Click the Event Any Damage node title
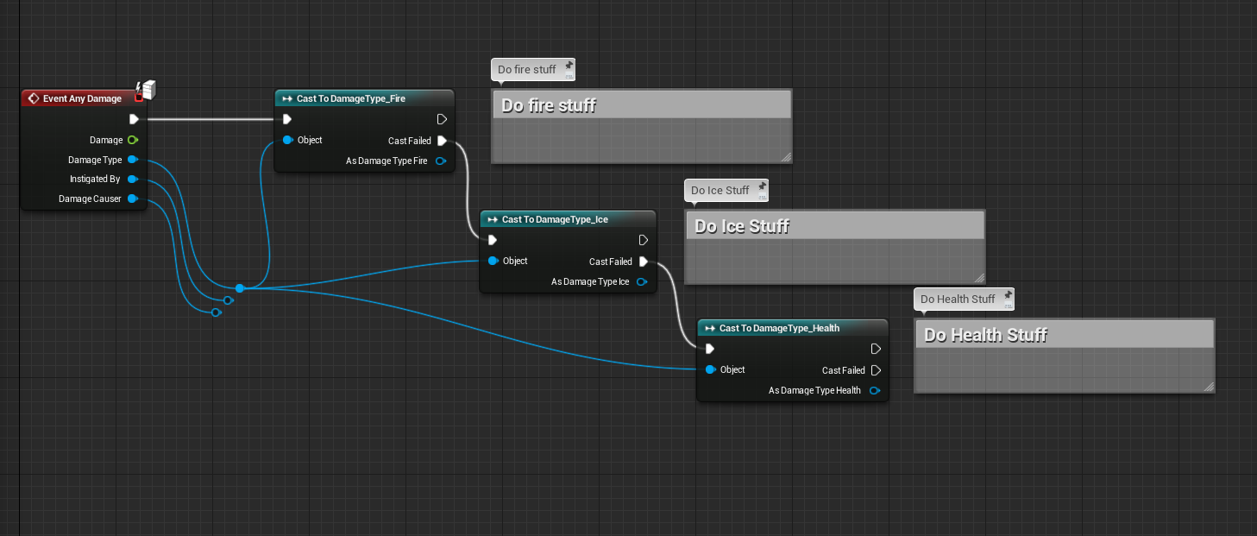[82, 98]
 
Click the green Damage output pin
[132, 140]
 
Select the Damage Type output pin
[132, 160]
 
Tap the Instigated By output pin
[132, 180]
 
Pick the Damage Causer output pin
[132, 199]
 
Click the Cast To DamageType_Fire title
[350, 98]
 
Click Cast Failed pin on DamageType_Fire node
[442, 141]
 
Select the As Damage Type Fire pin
[441, 161]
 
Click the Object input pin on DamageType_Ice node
[493, 261]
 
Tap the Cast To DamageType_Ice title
[555, 219]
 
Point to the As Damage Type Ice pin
[642, 281]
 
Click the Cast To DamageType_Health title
[779, 328]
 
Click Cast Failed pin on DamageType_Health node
[876, 370]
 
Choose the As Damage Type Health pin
[875, 390]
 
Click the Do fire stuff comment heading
[549, 105]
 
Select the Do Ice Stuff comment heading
[742, 226]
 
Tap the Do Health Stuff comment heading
[985, 335]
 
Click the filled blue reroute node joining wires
[240, 288]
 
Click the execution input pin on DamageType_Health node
[710, 349]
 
